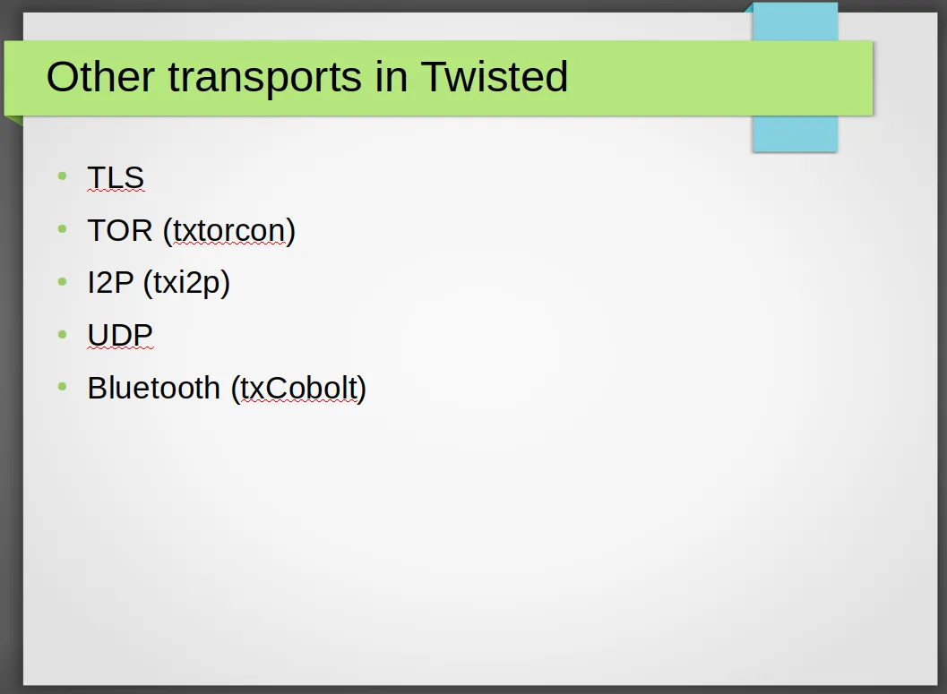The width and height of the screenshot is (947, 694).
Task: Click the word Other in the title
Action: click(100, 77)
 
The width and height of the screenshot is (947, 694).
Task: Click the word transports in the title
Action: click(265, 78)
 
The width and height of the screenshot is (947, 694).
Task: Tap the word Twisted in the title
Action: click(494, 76)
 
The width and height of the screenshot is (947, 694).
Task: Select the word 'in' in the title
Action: click(392, 77)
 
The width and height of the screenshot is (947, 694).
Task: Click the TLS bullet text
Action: click(116, 177)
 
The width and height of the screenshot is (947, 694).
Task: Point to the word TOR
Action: click(120, 230)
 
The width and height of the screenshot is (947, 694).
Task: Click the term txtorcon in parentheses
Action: click(229, 230)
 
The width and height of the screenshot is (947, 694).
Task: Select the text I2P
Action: click(110, 282)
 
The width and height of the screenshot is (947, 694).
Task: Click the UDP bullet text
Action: click(120, 335)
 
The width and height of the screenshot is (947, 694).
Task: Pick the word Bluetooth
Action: click(154, 388)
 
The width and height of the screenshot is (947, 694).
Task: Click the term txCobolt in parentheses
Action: click(299, 388)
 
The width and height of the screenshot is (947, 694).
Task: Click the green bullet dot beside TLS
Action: click(62, 176)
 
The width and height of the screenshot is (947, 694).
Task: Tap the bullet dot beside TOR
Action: click(62, 228)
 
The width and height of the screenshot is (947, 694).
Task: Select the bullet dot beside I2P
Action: click(62, 280)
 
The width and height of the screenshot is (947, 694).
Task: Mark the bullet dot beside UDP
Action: click(62, 334)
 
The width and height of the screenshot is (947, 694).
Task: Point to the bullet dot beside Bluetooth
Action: click(62, 386)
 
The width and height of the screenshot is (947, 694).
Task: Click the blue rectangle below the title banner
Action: click(795, 133)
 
